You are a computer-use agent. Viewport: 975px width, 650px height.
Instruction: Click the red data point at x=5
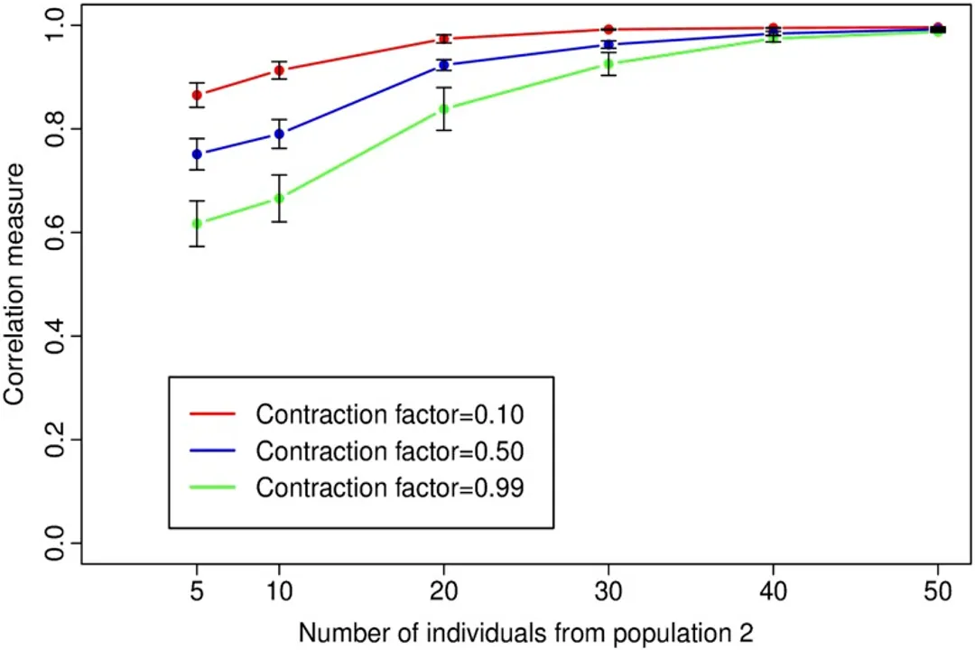[197, 95]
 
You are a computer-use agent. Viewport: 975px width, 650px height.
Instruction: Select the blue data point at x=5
[197, 154]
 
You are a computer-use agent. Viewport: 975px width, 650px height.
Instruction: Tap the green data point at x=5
[197, 223]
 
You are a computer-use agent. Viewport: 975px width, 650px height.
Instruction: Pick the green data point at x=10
[280, 198]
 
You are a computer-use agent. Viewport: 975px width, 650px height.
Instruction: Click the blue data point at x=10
[280, 134]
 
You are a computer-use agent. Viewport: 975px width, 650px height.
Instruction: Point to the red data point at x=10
[280, 70]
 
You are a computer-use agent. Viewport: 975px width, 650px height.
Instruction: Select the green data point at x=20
[444, 109]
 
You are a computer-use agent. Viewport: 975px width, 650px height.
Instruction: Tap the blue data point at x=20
[444, 65]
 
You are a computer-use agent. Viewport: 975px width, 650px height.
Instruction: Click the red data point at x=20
[444, 39]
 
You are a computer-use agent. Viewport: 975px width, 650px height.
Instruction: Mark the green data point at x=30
[609, 63]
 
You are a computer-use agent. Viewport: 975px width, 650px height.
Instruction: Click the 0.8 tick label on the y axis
[56, 129]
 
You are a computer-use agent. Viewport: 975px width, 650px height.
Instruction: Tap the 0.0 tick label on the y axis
[56, 543]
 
